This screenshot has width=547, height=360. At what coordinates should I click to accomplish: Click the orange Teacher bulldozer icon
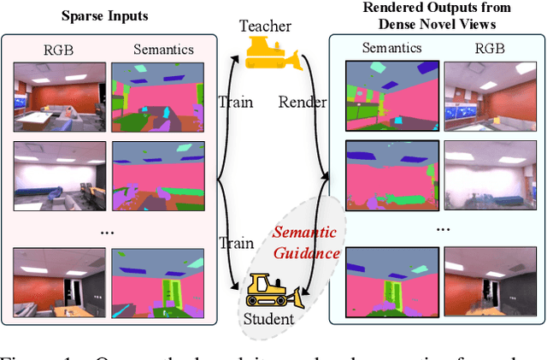point(273,52)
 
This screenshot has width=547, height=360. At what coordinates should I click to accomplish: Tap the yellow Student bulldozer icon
point(272,290)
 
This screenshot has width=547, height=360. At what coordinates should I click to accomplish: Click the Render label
point(303,103)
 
